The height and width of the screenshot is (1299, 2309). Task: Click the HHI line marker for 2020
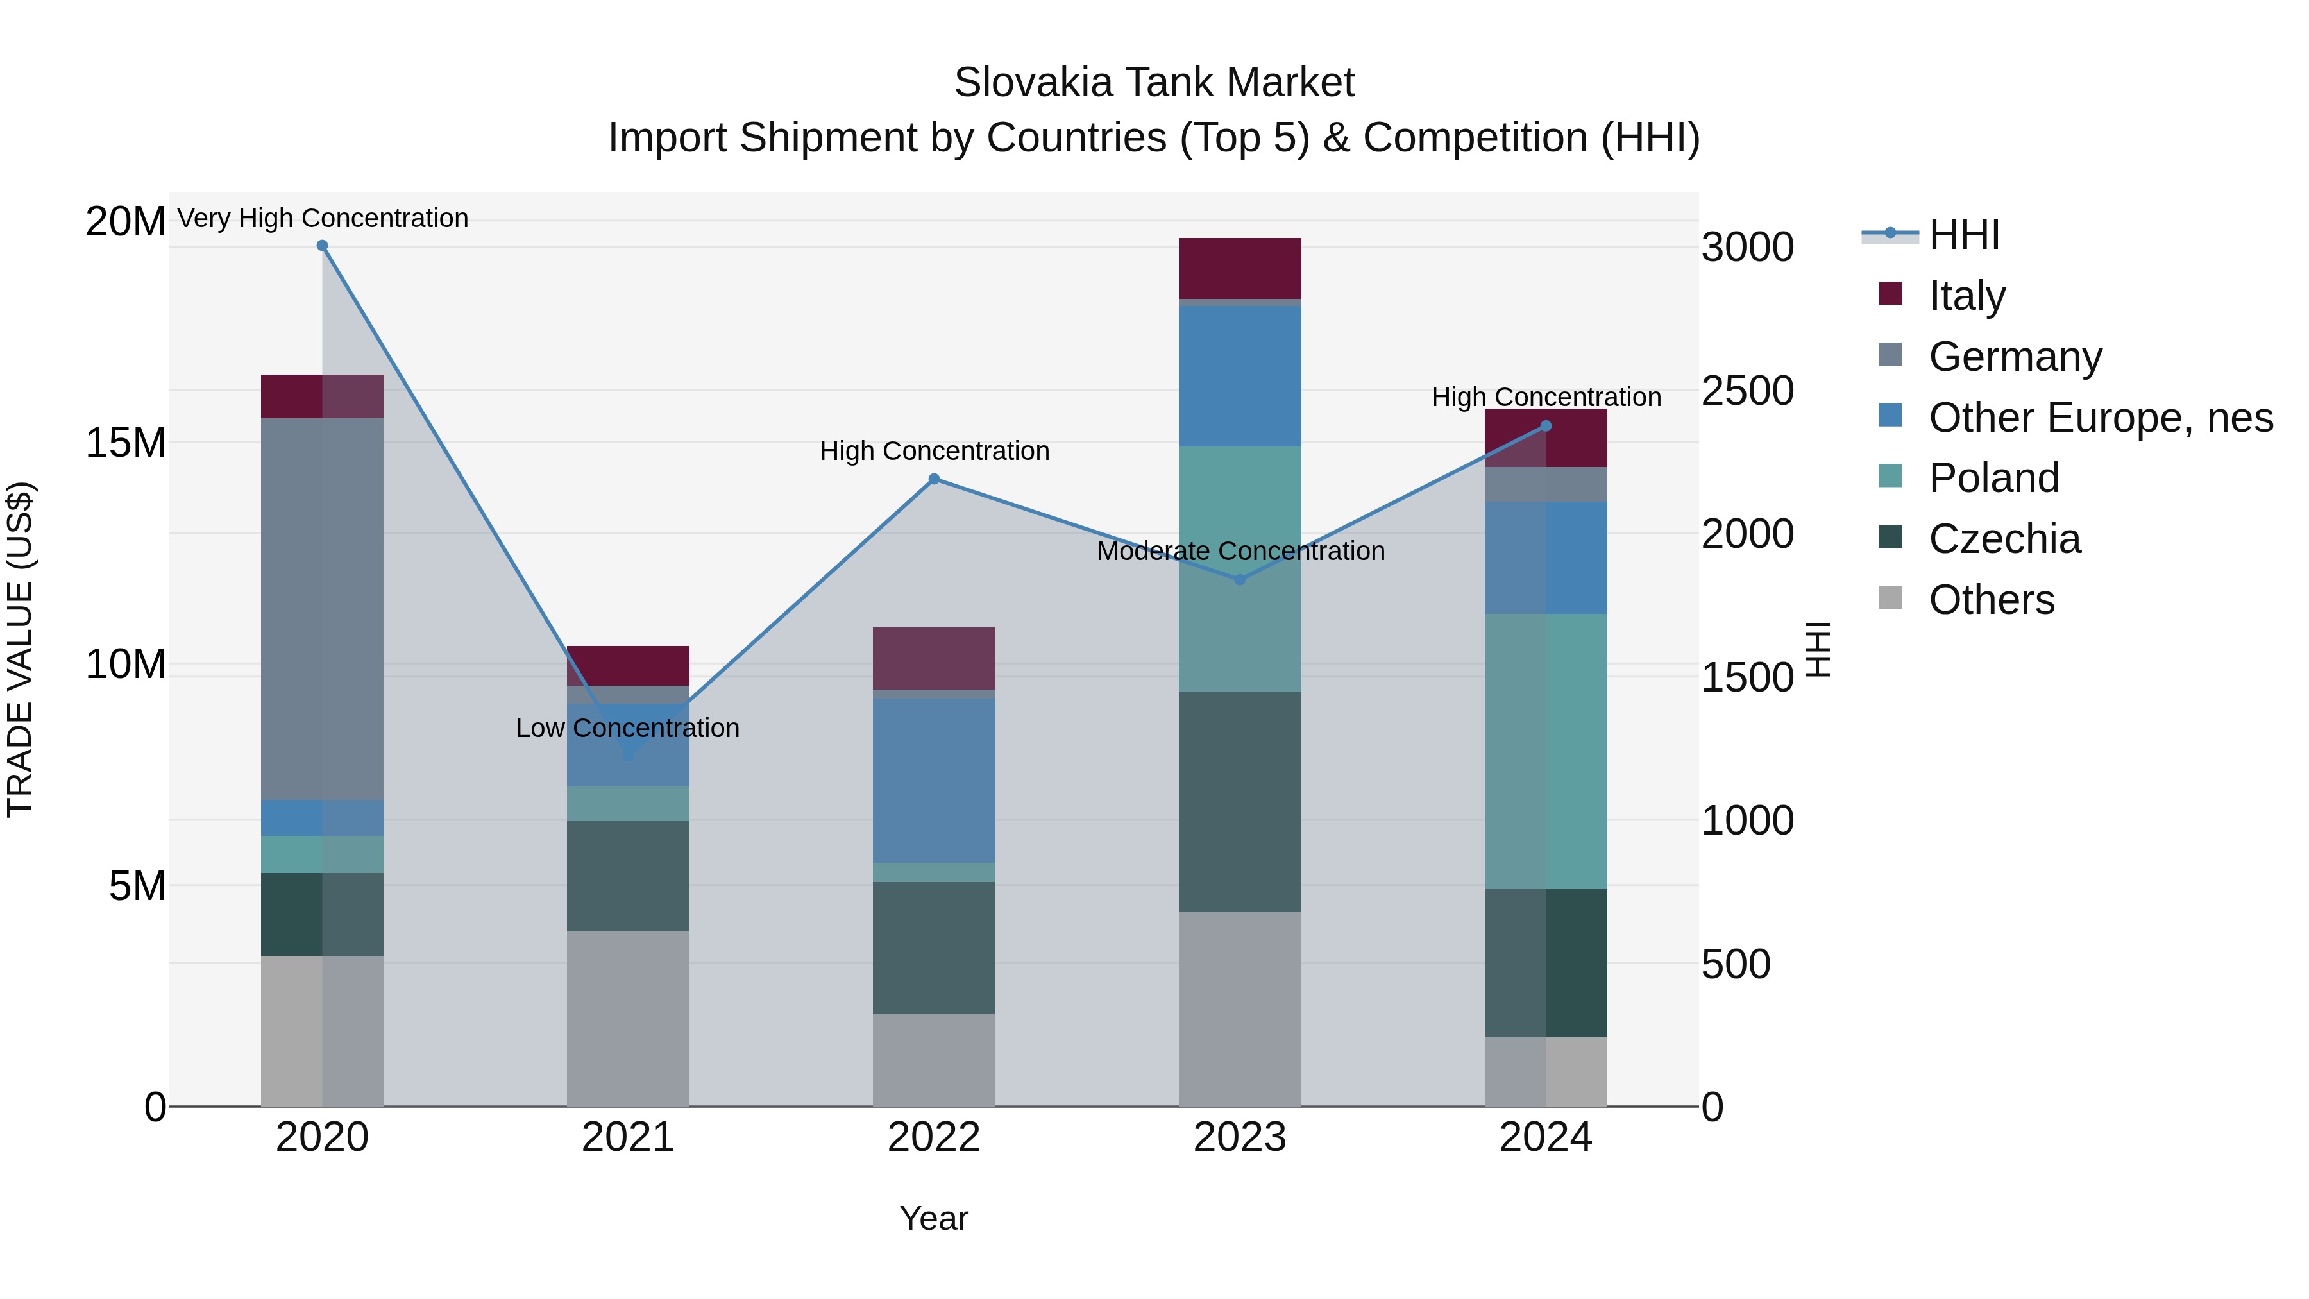(x=323, y=246)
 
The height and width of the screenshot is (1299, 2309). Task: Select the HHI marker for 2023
(x=1240, y=580)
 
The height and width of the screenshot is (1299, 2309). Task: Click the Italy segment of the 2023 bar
(x=1240, y=268)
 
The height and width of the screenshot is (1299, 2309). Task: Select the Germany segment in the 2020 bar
(x=323, y=609)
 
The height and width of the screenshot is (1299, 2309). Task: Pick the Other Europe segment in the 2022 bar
(x=934, y=780)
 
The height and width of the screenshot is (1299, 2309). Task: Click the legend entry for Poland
(x=1993, y=478)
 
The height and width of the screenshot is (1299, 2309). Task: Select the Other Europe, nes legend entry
(x=2099, y=418)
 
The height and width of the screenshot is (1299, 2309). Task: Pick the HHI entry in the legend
(x=1963, y=235)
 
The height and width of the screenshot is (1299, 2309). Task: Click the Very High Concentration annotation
(x=323, y=218)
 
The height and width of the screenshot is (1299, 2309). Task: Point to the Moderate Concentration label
(x=1240, y=550)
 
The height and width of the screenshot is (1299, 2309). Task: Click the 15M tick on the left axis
(x=126, y=443)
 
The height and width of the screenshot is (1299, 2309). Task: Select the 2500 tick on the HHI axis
(x=1747, y=391)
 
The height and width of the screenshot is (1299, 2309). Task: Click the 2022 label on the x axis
(x=934, y=1137)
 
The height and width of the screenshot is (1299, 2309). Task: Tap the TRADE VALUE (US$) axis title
(x=20, y=649)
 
